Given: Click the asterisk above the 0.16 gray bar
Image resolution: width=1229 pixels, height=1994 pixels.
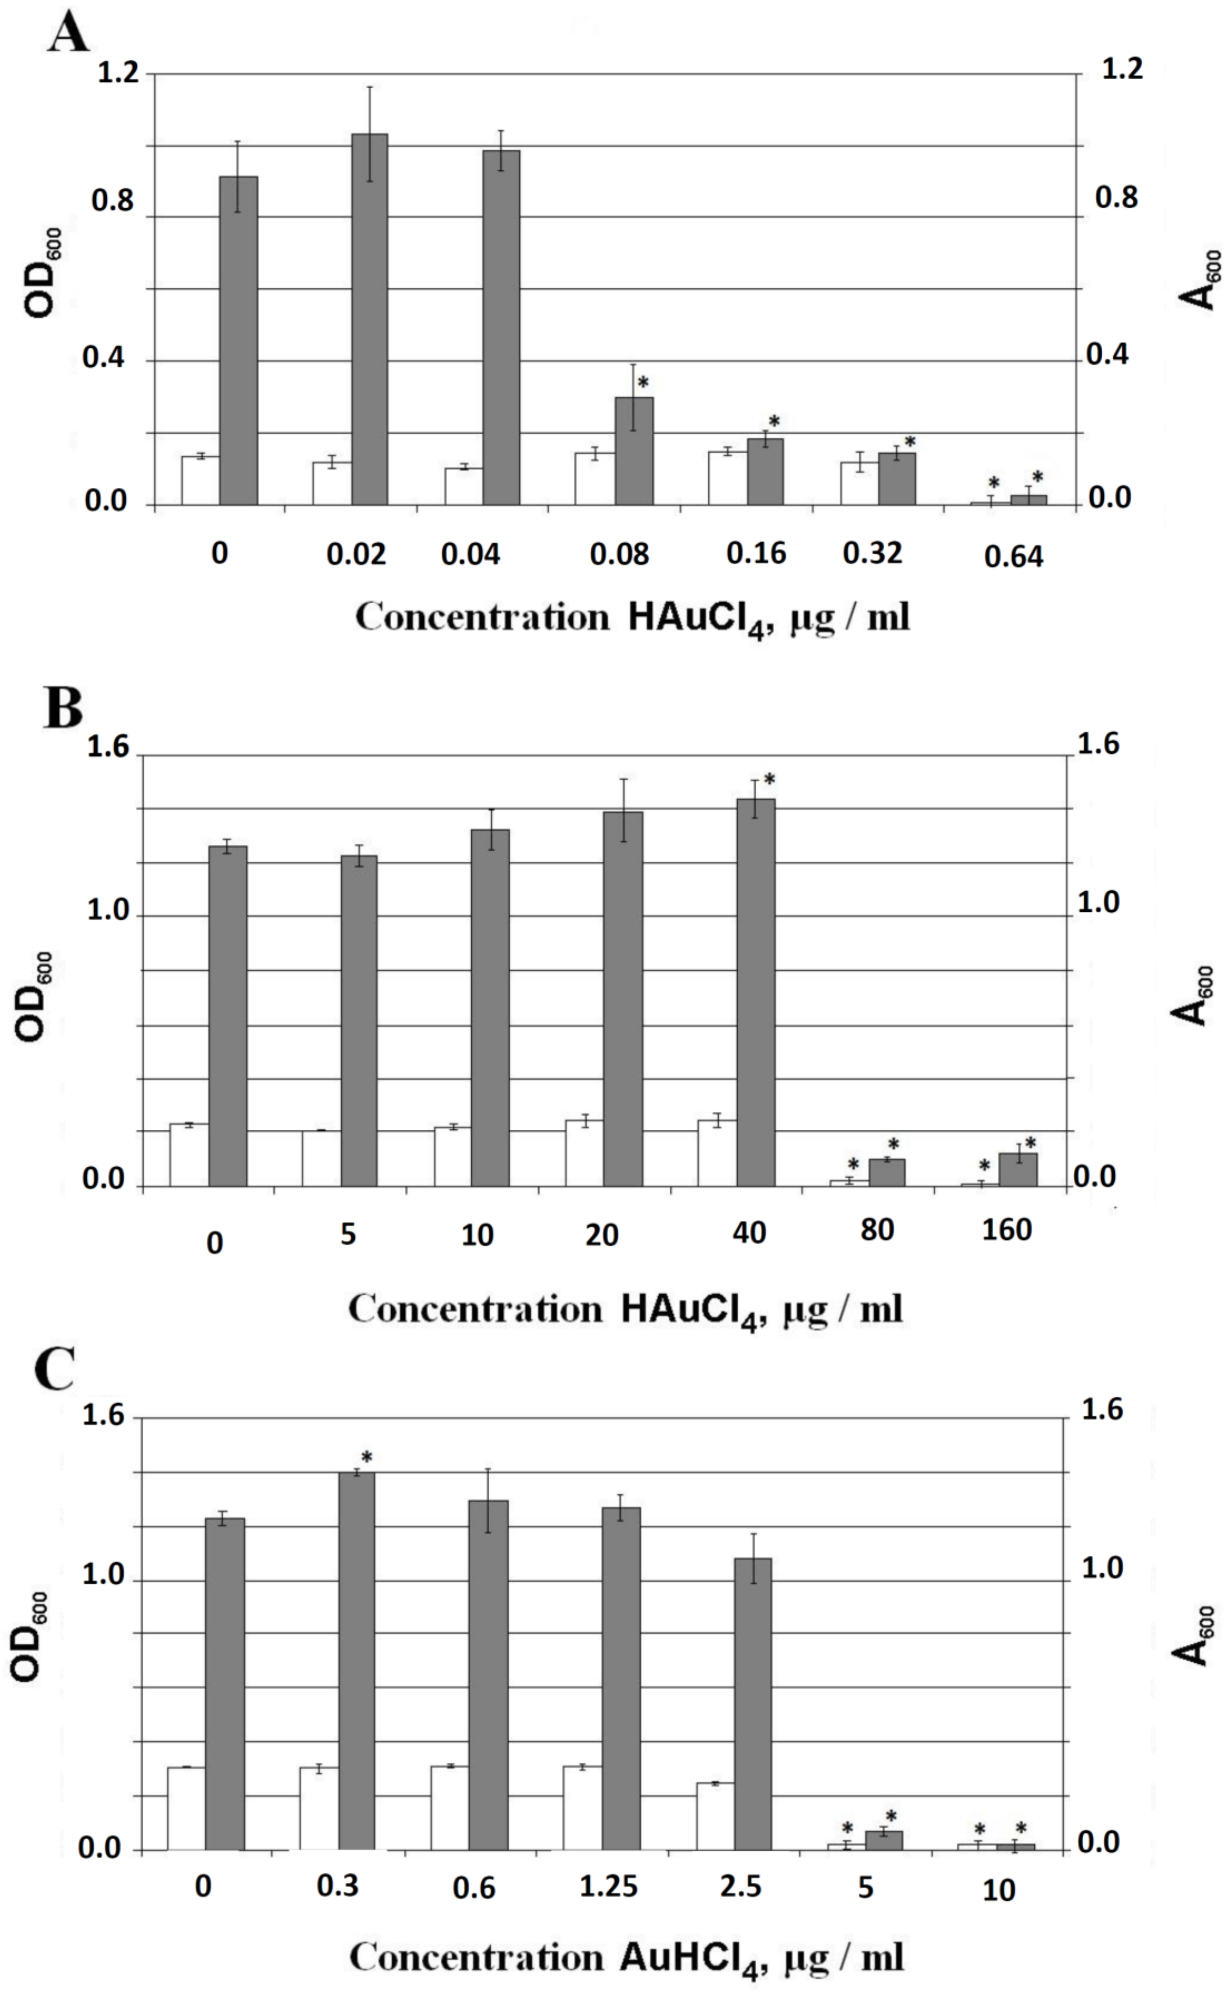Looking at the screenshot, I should click(x=774, y=421).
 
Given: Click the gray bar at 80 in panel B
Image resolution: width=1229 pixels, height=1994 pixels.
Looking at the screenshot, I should click(x=887, y=1172).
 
